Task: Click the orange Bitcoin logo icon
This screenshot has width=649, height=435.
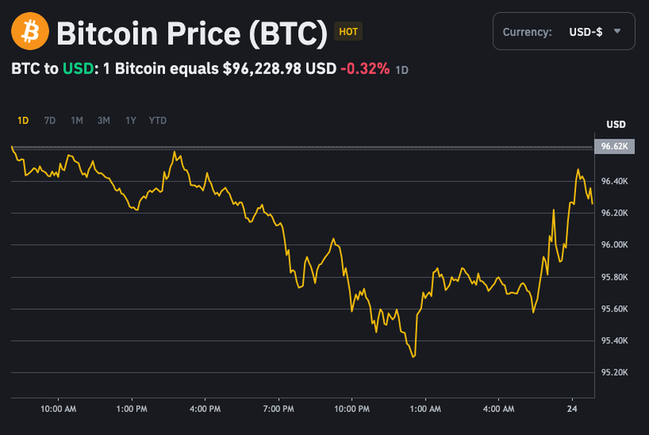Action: (30, 32)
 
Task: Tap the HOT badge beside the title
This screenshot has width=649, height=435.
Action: (349, 32)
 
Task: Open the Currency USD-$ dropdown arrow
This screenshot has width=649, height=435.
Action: (617, 31)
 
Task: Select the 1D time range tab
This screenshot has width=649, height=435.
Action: (23, 121)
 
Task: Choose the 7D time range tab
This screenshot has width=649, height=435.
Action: (50, 121)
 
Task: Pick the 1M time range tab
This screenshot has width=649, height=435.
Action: (77, 121)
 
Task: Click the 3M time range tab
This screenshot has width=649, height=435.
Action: (103, 121)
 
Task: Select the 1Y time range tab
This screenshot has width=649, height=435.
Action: (131, 121)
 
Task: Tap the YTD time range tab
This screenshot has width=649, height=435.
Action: (158, 121)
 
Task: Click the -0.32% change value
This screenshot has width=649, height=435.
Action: (365, 69)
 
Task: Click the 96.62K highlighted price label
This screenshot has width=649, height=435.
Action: (615, 147)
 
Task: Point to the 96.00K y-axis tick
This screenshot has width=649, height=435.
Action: (615, 245)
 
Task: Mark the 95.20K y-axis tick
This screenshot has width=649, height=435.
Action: (615, 373)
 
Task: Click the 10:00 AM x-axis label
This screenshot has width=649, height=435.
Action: (58, 409)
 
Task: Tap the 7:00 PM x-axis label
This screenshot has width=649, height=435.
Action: (278, 409)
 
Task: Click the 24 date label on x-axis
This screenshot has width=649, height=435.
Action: (572, 409)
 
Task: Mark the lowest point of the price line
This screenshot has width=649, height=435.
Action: (413, 356)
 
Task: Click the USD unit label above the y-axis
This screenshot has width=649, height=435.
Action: (615, 125)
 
